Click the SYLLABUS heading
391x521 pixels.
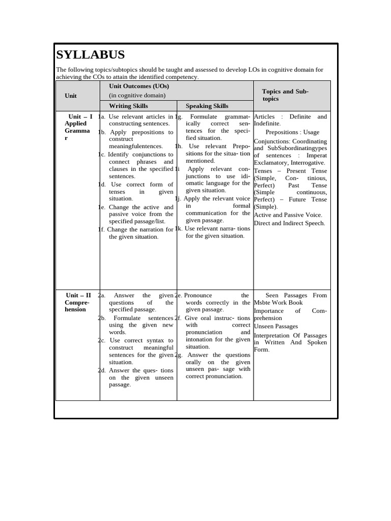click(90, 55)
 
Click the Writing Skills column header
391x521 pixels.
click(128, 106)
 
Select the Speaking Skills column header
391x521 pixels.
click(207, 106)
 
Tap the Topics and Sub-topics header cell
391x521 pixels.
click(285, 95)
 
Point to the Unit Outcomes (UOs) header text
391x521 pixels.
click(139, 86)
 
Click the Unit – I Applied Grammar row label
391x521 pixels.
click(78, 127)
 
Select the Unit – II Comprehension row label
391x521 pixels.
click(78, 302)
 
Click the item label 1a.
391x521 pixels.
click(101, 117)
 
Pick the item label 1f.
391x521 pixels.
click(101, 229)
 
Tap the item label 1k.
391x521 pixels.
click(179, 228)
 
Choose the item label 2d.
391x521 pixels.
click(101, 370)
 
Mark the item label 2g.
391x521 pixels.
click(179, 355)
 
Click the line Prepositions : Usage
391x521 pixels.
click(292, 132)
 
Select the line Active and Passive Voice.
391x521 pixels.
click(288, 215)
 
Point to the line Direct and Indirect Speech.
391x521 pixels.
click(289, 223)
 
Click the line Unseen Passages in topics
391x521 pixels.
click(275, 326)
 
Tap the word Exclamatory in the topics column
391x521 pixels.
click(271, 163)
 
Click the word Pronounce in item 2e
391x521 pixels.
click(198, 295)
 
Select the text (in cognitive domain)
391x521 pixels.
click(137, 95)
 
